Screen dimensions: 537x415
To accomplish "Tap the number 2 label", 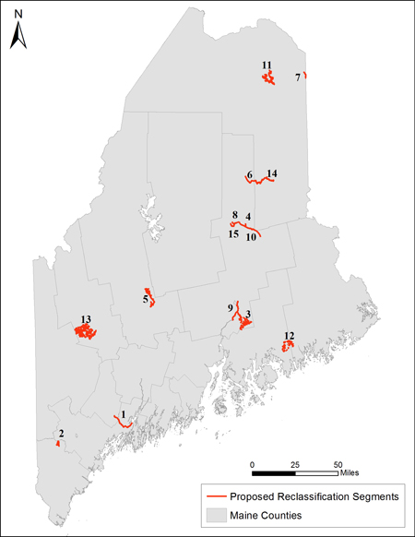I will tap(61, 434).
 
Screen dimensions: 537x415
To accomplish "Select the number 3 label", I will tap(248, 315).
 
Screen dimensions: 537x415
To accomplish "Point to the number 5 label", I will tap(146, 299).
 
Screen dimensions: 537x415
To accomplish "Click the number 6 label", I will tap(249, 174).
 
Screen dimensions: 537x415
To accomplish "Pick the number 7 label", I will tap(298, 78).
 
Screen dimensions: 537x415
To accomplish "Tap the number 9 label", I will tap(230, 307).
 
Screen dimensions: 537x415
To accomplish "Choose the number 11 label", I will tap(267, 65).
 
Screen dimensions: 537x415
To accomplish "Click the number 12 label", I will tap(289, 336).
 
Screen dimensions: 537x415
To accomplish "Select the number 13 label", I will tap(86, 319).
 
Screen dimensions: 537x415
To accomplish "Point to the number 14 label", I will tap(271, 173).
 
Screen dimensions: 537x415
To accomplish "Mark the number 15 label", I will tap(233, 234).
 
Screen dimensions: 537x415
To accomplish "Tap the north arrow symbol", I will tap(17, 35).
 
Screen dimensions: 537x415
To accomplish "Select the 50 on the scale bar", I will tap(338, 463).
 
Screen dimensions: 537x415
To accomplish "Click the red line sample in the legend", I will tap(218, 496).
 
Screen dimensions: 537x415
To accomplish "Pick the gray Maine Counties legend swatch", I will tap(218, 515).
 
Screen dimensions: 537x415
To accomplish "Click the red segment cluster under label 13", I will tap(85, 331).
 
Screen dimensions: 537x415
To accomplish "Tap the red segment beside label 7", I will tap(305, 75).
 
